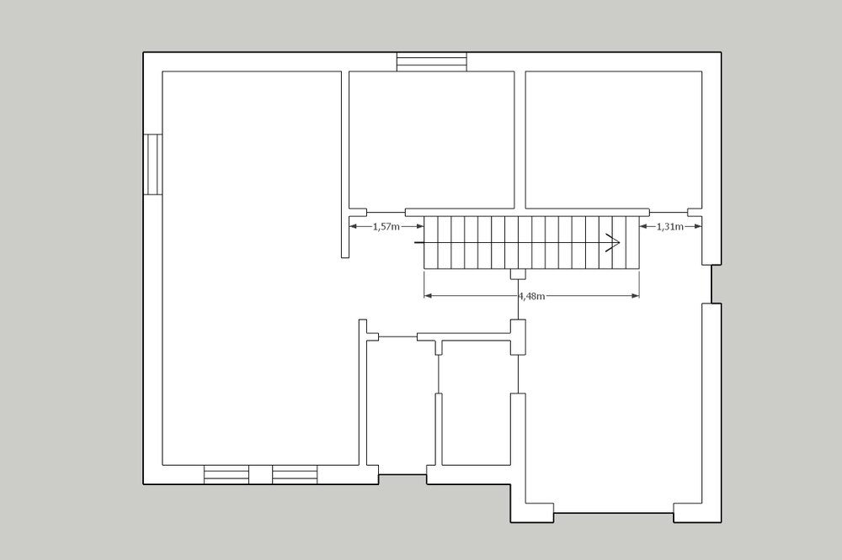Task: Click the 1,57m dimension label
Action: click(x=386, y=226)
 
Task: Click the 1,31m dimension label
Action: click(x=669, y=226)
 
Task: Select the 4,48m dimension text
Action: click(x=531, y=296)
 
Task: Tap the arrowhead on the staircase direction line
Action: click(x=613, y=242)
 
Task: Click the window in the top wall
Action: click(x=432, y=61)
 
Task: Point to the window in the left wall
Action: click(x=153, y=164)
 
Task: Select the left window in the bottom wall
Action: click(x=226, y=475)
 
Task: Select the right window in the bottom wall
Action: click(x=294, y=475)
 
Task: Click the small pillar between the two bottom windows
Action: click(x=260, y=475)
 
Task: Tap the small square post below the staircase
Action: click(x=518, y=273)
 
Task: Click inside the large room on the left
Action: click(x=253, y=268)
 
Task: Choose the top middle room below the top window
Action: click(x=432, y=140)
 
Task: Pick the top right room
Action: click(x=613, y=140)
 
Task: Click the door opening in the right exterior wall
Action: click(x=711, y=283)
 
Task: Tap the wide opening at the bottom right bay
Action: click(x=614, y=513)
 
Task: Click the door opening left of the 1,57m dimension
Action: click(x=386, y=213)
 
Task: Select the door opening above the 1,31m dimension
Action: click(x=669, y=213)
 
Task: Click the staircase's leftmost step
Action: click(x=431, y=242)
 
